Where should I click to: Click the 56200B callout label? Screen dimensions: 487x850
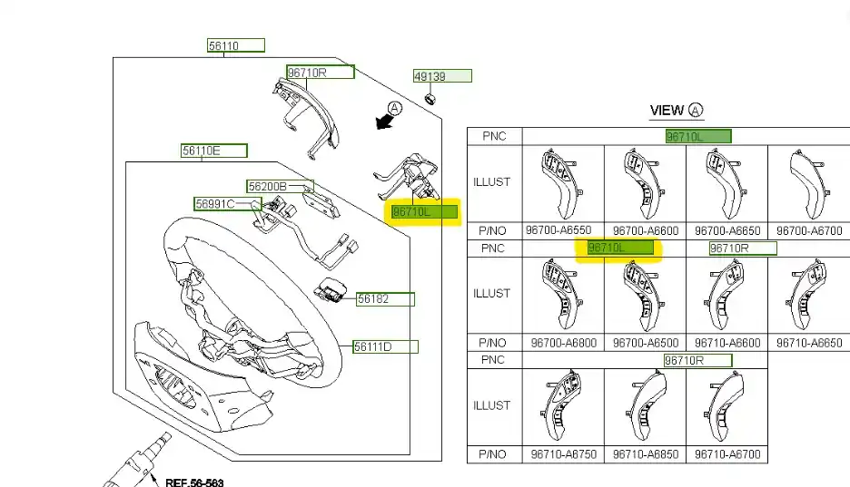click(x=268, y=187)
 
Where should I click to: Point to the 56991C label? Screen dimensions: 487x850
click(x=214, y=204)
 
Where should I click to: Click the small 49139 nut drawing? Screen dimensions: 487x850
click(x=432, y=97)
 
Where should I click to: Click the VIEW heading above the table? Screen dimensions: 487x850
click(x=667, y=111)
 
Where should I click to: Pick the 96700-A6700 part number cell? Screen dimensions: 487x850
click(x=808, y=231)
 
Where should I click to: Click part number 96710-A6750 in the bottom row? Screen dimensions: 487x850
click(x=563, y=454)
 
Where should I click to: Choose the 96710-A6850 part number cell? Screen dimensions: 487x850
click(x=645, y=454)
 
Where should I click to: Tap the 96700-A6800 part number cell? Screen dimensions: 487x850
click(x=563, y=343)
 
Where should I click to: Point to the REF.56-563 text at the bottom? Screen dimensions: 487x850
click(x=193, y=482)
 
